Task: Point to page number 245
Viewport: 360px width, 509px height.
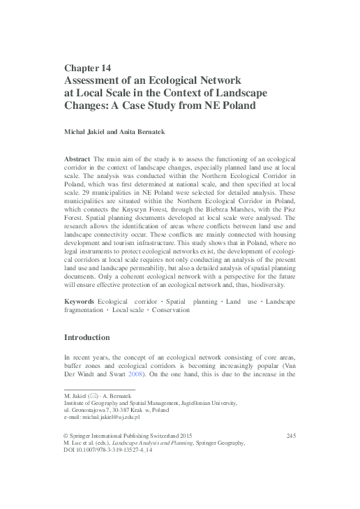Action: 291,436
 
